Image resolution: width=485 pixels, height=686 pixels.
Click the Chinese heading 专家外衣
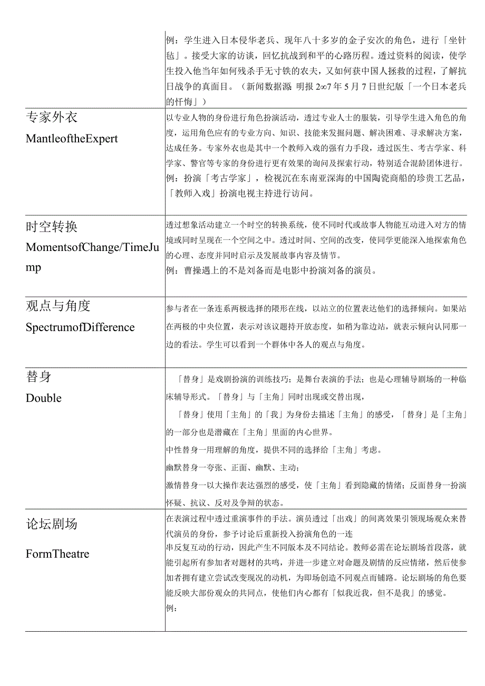tap(52, 117)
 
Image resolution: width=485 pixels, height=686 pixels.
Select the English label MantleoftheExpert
tap(72, 139)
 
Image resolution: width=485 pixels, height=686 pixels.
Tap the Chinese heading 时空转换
tap(52, 227)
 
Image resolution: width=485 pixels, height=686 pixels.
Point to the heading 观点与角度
tap(58, 306)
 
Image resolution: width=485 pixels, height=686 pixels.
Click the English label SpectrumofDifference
tap(80, 327)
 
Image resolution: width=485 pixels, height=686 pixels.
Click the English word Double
tap(44, 398)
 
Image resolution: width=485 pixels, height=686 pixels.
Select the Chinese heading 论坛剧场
tap(52, 524)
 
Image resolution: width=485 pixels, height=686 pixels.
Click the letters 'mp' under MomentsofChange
tap(33, 267)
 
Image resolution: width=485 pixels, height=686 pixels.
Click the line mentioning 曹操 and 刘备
tap(271, 271)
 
